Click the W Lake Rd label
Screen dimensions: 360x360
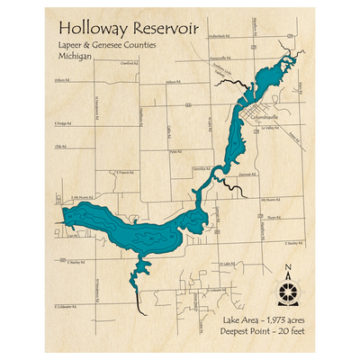[227, 264]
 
